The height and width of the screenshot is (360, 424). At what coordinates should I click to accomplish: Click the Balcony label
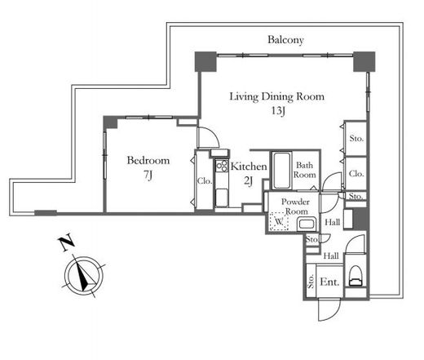click(285, 40)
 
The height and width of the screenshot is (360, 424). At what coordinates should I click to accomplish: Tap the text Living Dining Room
click(277, 97)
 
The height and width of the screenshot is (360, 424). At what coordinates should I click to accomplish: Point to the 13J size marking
click(278, 111)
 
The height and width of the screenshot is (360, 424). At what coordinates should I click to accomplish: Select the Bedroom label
click(148, 160)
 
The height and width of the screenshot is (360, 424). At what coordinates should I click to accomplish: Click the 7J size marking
click(148, 175)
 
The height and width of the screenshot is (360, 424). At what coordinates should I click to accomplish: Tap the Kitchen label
click(249, 167)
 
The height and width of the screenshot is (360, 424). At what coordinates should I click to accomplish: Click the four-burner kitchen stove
click(222, 166)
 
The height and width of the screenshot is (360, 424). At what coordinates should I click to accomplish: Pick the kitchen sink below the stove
click(222, 198)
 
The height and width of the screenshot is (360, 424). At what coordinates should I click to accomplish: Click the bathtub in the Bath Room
click(281, 171)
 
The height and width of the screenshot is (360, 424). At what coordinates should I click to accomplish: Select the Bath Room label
click(304, 170)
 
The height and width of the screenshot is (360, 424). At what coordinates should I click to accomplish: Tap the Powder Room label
click(295, 207)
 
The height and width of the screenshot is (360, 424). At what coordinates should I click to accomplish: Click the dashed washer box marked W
click(279, 221)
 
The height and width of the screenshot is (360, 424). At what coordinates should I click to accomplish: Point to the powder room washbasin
click(307, 224)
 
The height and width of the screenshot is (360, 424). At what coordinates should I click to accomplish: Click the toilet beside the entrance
click(356, 275)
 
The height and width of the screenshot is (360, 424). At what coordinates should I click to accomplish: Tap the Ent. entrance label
click(329, 282)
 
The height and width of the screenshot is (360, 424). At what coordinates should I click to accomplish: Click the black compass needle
click(85, 276)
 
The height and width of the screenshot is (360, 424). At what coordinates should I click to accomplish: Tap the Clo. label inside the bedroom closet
click(205, 181)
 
